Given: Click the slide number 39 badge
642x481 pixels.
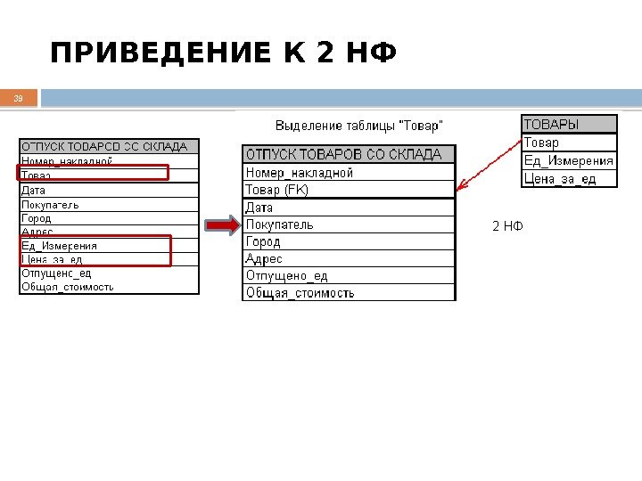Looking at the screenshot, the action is pos(19,98).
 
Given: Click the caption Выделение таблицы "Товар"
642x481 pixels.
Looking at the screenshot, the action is pos(358,125).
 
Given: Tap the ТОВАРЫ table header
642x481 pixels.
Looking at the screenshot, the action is pos(569,125).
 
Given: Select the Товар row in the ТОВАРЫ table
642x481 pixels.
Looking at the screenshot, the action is pos(569,143).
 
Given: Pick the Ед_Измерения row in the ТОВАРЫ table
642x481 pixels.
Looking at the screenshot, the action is pos(569,161).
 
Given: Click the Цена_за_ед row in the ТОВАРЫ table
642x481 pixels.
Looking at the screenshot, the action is pos(569,179).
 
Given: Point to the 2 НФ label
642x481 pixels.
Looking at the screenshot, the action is pos(507,226).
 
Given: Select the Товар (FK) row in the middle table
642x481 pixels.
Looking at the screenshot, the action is pos(349,190).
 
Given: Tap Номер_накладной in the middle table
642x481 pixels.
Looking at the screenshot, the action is pos(349,173).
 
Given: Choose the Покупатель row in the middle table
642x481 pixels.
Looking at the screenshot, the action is pos(349,224).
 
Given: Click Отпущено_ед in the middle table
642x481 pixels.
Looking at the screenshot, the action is pos(349,275).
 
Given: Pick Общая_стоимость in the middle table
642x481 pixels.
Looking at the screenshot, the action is pos(349,292).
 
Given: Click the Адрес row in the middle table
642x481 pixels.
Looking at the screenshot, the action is pos(349,258).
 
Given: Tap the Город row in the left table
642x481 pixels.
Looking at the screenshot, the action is pos(109,217).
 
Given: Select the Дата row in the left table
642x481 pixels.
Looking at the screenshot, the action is pos(109,190).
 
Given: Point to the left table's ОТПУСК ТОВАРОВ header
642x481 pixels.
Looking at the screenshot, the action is pos(109,146).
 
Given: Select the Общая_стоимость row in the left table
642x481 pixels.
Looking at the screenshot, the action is pos(109,287).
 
